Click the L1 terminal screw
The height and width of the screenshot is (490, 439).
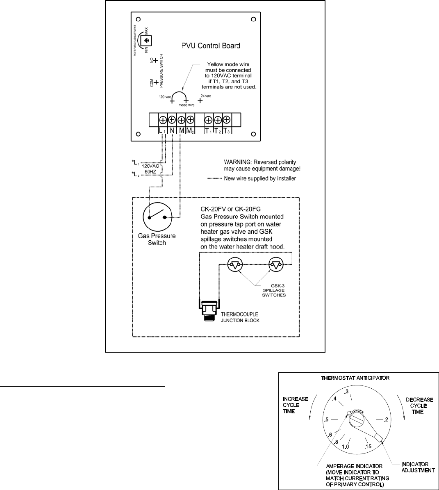point(163,120)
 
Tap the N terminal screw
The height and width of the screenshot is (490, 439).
point(172,120)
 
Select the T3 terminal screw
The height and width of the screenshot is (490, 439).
point(226,120)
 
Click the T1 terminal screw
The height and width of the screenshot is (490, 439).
point(208,120)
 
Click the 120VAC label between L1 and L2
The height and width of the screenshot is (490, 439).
point(150,166)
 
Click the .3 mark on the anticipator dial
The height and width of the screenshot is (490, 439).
point(346,392)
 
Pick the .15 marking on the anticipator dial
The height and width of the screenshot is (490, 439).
point(367,446)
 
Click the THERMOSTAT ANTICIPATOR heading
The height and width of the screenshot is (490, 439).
point(355,378)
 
